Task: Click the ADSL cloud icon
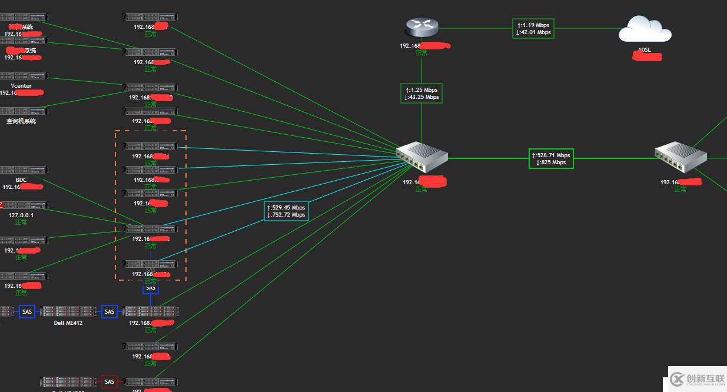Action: [645, 29]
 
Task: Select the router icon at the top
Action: [421, 27]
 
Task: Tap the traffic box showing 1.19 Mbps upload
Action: [533, 28]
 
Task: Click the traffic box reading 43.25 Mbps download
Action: [421, 93]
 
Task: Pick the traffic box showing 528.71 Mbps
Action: [550, 158]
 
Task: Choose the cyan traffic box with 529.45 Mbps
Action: [287, 211]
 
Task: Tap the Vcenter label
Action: [21, 85]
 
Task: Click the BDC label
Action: [21, 180]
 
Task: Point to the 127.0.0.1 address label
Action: [21, 215]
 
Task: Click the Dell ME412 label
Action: [68, 323]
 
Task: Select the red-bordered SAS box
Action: [109, 382]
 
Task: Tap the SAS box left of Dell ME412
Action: [27, 311]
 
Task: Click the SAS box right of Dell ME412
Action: [109, 311]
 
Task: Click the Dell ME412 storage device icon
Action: [68, 311]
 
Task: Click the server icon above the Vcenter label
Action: [24, 76]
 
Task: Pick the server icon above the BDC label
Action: [24, 170]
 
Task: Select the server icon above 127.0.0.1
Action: [24, 205]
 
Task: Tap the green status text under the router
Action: [421, 52]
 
